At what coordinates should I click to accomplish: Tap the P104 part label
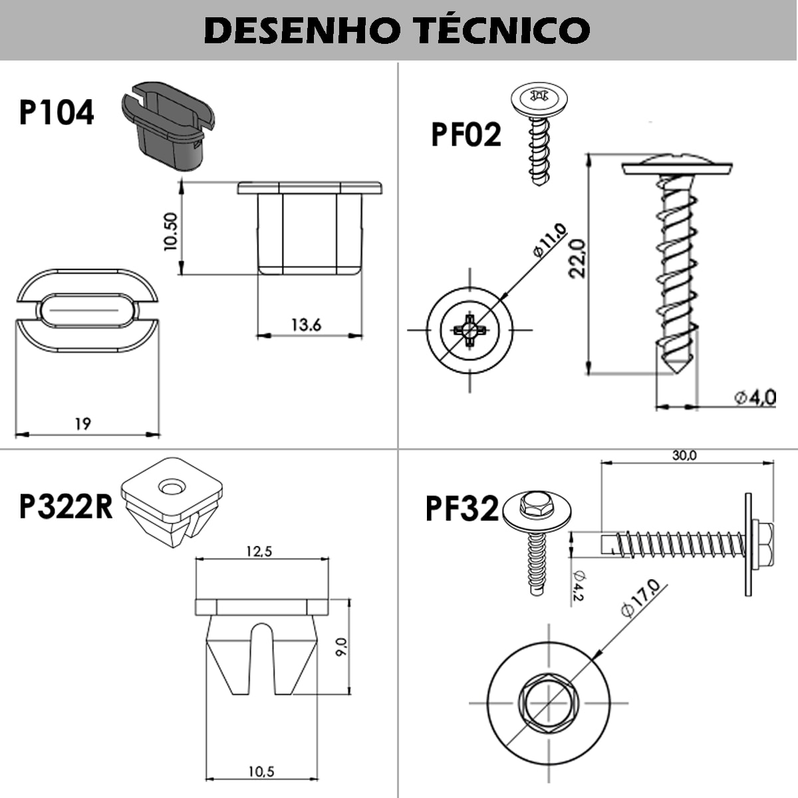[57, 112]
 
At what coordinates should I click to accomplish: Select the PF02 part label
[466, 135]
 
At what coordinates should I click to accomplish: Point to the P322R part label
[66, 507]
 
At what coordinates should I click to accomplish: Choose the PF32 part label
[462, 510]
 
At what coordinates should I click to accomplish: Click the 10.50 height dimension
[170, 231]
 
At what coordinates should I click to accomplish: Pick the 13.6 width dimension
[306, 325]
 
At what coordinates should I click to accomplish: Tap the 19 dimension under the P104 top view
[83, 424]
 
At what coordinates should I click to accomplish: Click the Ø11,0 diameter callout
[549, 241]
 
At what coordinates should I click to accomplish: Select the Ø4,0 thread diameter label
[755, 398]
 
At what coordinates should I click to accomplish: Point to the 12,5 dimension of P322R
[259, 551]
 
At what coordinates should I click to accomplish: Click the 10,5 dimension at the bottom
[261, 771]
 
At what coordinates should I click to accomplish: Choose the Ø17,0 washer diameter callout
[640, 598]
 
